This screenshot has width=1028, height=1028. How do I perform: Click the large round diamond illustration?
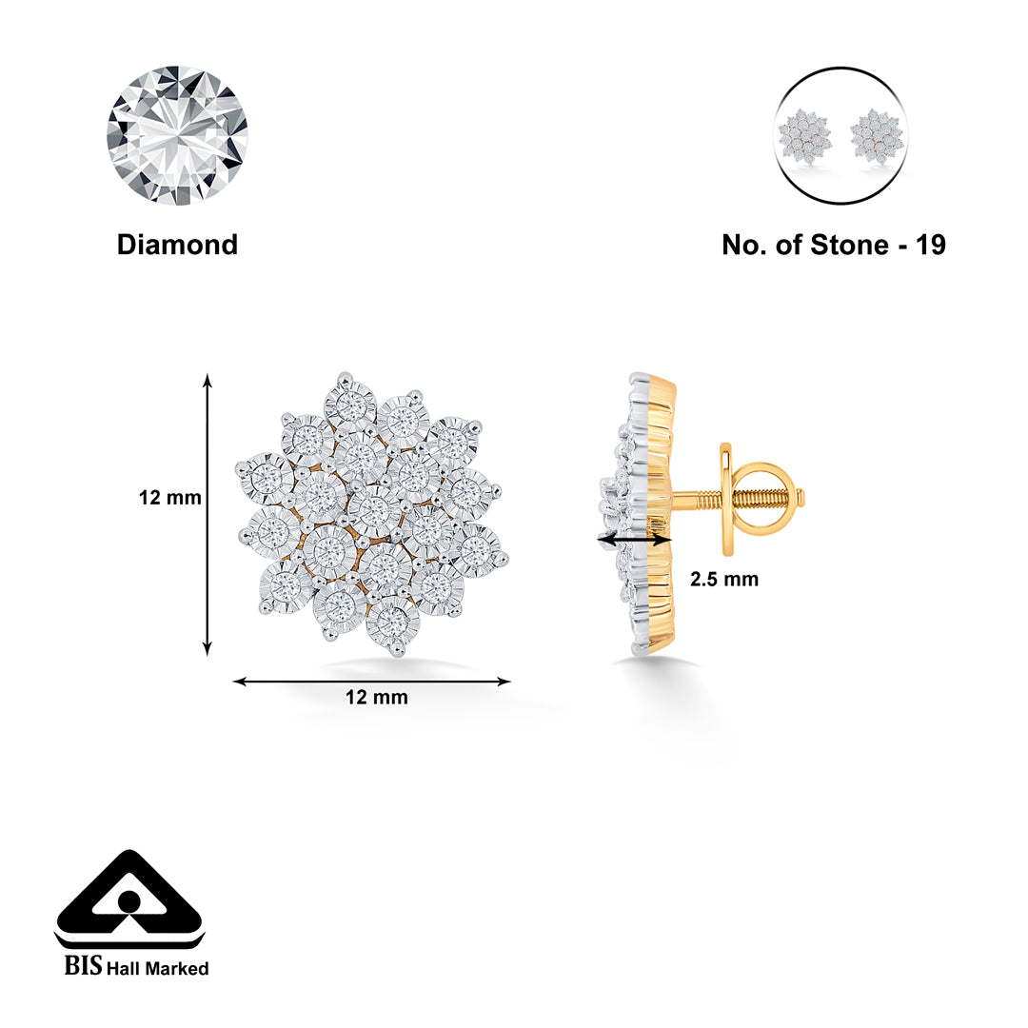click(177, 136)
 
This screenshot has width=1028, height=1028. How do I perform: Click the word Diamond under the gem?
click(177, 245)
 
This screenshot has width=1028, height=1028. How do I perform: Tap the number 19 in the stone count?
click(930, 246)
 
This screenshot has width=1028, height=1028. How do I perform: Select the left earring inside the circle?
click(804, 136)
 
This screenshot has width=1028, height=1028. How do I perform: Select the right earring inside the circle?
click(877, 136)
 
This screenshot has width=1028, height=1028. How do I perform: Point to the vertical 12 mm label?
click(169, 498)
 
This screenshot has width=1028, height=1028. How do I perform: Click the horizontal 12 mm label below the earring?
click(376, 697)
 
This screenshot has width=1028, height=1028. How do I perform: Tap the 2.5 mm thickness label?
click(723, 579)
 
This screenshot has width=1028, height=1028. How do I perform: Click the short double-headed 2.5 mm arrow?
click(635, 540)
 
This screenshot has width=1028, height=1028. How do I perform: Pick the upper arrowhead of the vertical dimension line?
click(208, 380)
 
